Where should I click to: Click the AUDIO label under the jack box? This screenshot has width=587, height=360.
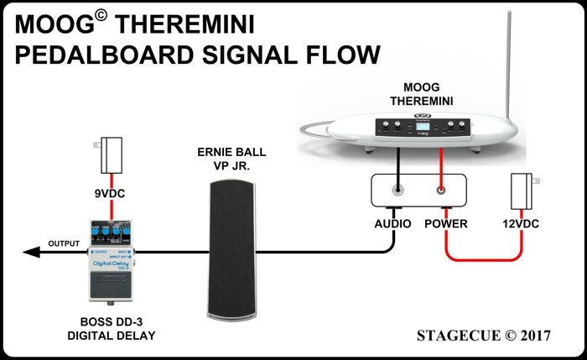pos(392,224)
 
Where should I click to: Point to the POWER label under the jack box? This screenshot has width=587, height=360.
pos(445,224)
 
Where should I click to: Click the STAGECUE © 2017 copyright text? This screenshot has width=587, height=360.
pos(483,335)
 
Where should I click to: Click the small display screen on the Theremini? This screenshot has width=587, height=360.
pos(418,128)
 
